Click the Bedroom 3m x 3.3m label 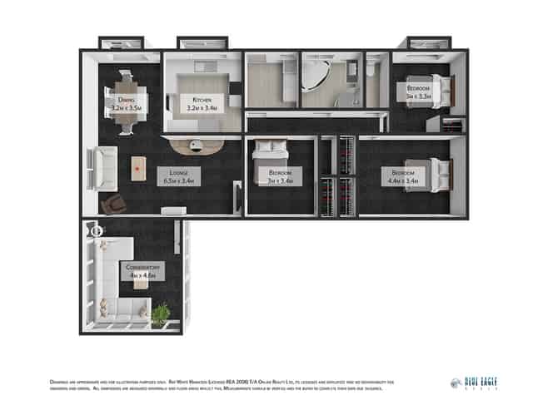tap(418, 92)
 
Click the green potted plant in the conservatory tap(160, 313)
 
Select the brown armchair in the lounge tap(111, 203)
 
